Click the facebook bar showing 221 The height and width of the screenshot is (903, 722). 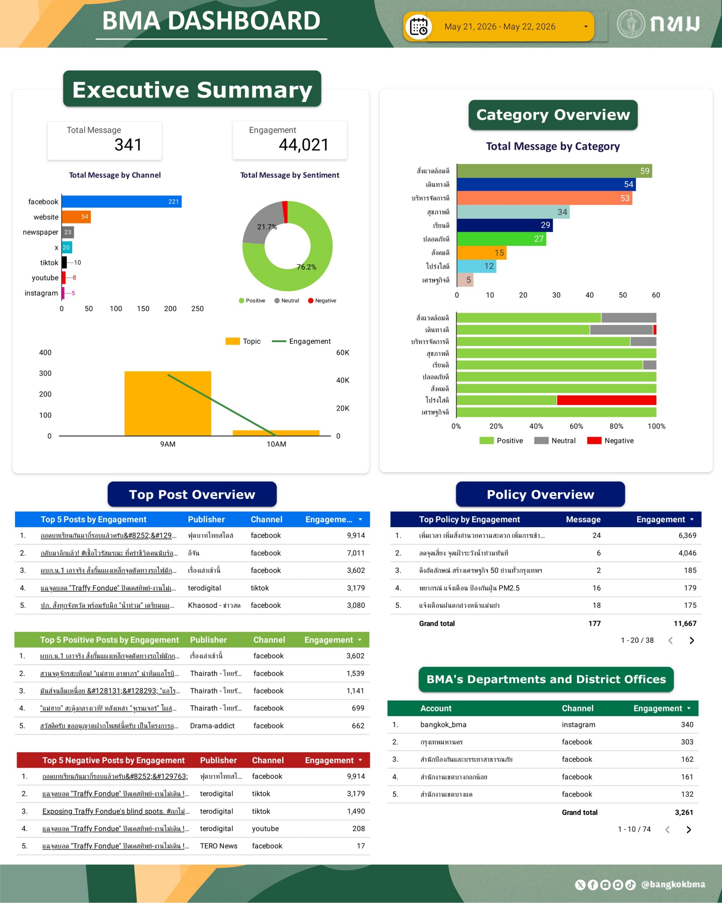pos(122,201)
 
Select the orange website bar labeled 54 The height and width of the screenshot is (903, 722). pos(76,217)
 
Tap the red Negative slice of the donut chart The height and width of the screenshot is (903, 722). pos(285,212)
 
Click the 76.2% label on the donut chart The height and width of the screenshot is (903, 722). pos(306,267)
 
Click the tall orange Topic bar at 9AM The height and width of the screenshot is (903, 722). pos(167,403)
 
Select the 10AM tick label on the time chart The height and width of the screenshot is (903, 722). pos(277,444)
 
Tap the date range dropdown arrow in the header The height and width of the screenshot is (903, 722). pos(585,27)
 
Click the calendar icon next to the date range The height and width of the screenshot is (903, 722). pos(418,27)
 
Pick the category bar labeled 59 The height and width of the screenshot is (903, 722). pos(554,171)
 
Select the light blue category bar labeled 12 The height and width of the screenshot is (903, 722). pos(477,266)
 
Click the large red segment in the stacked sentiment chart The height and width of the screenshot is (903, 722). pos(606,400)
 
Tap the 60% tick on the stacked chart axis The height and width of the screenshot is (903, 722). pos(576,426)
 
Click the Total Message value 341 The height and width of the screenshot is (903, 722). pos(128,145)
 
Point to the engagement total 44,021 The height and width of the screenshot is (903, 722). pos(304,145)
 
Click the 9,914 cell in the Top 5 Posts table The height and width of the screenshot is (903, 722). pos(356,535)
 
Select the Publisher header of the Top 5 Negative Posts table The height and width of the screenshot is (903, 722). pos(218,760)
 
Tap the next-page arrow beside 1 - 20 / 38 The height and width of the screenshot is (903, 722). pos(692,640)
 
